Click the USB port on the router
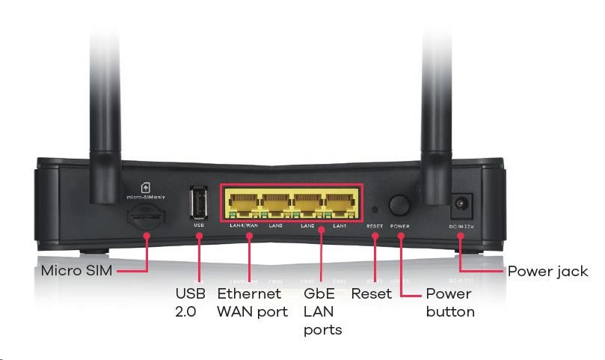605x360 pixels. (x=199, y=203)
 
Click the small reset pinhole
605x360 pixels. (x=375, y=210)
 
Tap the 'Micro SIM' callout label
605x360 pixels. (x=77, y=270)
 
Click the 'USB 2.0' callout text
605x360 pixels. (x=190, y=302)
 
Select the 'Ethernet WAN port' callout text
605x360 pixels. (x=252, y=302)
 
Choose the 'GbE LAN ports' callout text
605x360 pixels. (x=322, y=311)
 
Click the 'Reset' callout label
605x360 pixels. (x=371, y=293)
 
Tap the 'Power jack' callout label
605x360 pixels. (x=547, y=270)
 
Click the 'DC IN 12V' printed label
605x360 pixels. (x=461, y=225)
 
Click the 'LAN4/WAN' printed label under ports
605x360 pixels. (x=243, y=225)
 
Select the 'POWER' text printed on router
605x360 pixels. (x=399, y=225)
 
